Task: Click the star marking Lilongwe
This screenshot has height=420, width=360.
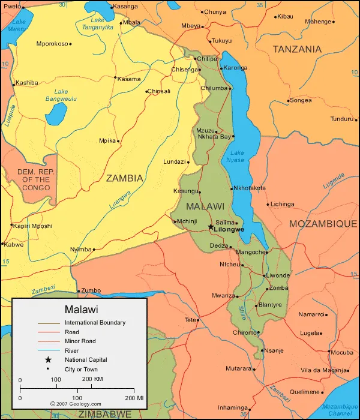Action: (x=211, y=227)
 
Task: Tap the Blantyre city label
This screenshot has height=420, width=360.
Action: (x=270, y=304)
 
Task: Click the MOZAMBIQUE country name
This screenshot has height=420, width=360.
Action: (x=323, y=223)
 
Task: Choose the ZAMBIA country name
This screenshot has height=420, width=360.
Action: (x=125, y=178)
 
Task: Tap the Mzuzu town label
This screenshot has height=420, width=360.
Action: (x=205, y=130)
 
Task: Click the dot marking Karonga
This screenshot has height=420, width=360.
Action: (x=221, y=68)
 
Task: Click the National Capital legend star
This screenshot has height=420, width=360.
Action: (x=48, y=359)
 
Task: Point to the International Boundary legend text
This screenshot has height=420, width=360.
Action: (x=95, y=323)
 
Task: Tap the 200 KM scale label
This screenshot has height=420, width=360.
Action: (x=93, y=380)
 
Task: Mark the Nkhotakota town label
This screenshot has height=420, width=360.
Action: (x=249, y=188)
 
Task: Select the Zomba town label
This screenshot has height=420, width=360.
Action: (x=279, y=288)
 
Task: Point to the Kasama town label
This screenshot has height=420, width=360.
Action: (x=129, y=79)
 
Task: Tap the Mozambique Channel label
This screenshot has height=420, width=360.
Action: (x=340, y=410)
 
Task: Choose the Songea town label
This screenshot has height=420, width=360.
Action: (x=301, y=100)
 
